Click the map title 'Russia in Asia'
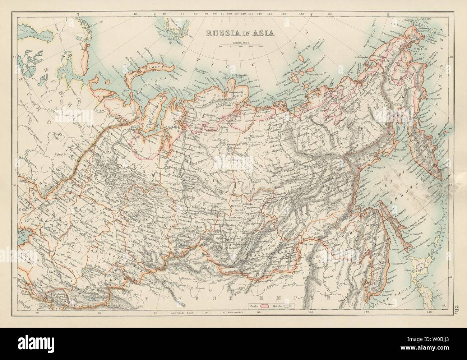[239, 33]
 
